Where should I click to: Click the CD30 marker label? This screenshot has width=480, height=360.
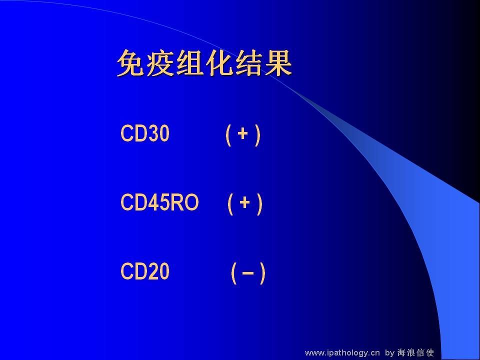coord(145,133)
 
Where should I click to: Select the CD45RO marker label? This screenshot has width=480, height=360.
coord(159,202)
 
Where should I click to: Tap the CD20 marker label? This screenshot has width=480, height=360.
coord(145,271)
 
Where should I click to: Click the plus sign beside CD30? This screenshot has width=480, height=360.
coord(242,134)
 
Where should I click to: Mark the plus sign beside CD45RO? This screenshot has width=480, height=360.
coord(244,202)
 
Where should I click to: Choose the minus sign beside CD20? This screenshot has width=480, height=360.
coord(248,272)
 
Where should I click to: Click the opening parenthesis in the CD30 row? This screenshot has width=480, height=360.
coord(228,135)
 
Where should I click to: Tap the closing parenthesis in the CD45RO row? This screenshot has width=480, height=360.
coord(260,204)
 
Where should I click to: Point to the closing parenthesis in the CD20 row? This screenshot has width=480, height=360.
coord(262,273)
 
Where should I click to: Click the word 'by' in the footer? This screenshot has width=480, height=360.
coord(389,353)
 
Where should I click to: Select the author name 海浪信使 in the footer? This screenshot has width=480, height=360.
coord(415,352)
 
